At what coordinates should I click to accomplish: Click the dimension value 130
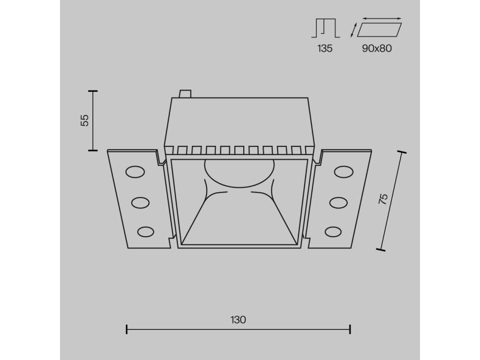[x=238, y=320]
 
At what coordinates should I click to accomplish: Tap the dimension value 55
[x=85, y=120]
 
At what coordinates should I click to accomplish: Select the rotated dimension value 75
[x=383, y=199]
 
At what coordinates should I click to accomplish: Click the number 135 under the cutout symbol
[x=324, y=48]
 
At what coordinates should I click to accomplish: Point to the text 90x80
[x=376, y=48]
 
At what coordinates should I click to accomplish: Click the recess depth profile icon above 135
[x=324, y=28]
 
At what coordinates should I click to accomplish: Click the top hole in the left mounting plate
[x=135, y=172]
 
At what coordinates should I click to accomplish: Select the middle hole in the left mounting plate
[x=141, y=202]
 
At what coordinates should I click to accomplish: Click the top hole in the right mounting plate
[x=344, y=172]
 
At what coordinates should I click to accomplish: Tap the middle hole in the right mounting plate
[x=338, y=202]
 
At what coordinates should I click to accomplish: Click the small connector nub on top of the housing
[x=186, y=94]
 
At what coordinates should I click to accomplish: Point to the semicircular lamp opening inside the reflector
[x=239, y=171]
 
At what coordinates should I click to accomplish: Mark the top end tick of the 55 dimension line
[x=93, y=90]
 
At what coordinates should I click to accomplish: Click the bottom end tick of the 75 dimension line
[x=380, y=250]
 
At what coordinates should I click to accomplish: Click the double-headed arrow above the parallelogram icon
[x=381, y=19]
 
